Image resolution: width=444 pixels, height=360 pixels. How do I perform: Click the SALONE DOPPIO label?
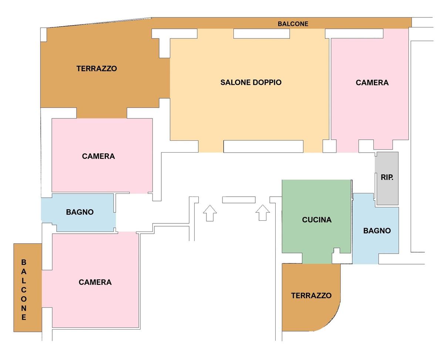251,83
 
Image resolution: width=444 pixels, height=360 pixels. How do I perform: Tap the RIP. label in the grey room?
387,177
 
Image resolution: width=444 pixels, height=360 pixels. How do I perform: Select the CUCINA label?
317,220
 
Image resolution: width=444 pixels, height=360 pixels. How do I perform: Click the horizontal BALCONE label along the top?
293,24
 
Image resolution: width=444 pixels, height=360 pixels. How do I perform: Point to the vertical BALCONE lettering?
24,290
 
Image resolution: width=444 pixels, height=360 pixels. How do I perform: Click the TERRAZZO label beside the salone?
97,69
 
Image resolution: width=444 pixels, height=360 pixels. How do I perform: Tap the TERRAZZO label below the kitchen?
311,296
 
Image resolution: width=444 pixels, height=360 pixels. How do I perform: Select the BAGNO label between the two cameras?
80,212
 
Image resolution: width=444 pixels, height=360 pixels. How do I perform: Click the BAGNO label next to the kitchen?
377,231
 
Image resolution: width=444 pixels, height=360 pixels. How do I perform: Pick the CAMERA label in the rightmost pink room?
372,83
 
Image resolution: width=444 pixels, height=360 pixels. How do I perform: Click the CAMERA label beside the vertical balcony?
95,282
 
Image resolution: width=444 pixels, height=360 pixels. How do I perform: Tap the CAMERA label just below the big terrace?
98,156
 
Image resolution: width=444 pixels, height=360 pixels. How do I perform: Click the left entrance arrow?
210,213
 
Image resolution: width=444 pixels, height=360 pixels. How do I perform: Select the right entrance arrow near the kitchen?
263,213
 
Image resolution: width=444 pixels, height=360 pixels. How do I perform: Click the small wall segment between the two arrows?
239,200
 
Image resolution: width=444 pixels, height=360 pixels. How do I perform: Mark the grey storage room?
387,179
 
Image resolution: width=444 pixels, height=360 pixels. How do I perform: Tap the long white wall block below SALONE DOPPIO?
263,146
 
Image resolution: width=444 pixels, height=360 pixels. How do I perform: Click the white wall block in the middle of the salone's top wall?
261,34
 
